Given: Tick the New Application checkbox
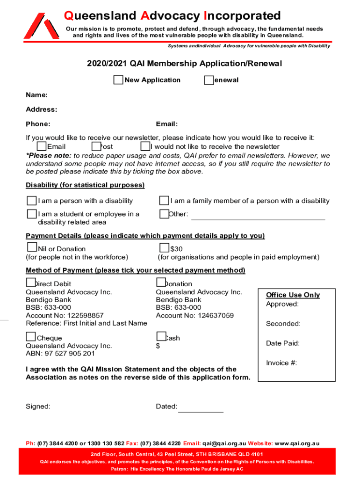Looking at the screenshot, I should pos(118,80).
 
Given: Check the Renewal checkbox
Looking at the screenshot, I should pos(209,80).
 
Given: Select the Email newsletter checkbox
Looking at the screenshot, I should pos(42,146).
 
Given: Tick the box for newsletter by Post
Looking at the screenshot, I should pos(97,146).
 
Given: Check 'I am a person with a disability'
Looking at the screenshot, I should pos(31,201).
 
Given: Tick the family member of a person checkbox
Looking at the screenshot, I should pos(164,201).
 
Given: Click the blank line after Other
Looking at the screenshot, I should pos(258,216).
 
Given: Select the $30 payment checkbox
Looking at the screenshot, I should pos(165,247).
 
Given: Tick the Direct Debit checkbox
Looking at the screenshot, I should pos(31,282).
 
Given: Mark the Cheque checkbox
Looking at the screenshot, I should pos(31,336).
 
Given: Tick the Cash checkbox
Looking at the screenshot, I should pos(161,336).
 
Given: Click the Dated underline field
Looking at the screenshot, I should pos(201,408).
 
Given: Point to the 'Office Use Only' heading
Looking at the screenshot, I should pos(293,295).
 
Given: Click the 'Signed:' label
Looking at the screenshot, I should pos(38,406).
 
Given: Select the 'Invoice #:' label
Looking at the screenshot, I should pos(281,363).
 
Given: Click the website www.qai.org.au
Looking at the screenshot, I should pos(297,443).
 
